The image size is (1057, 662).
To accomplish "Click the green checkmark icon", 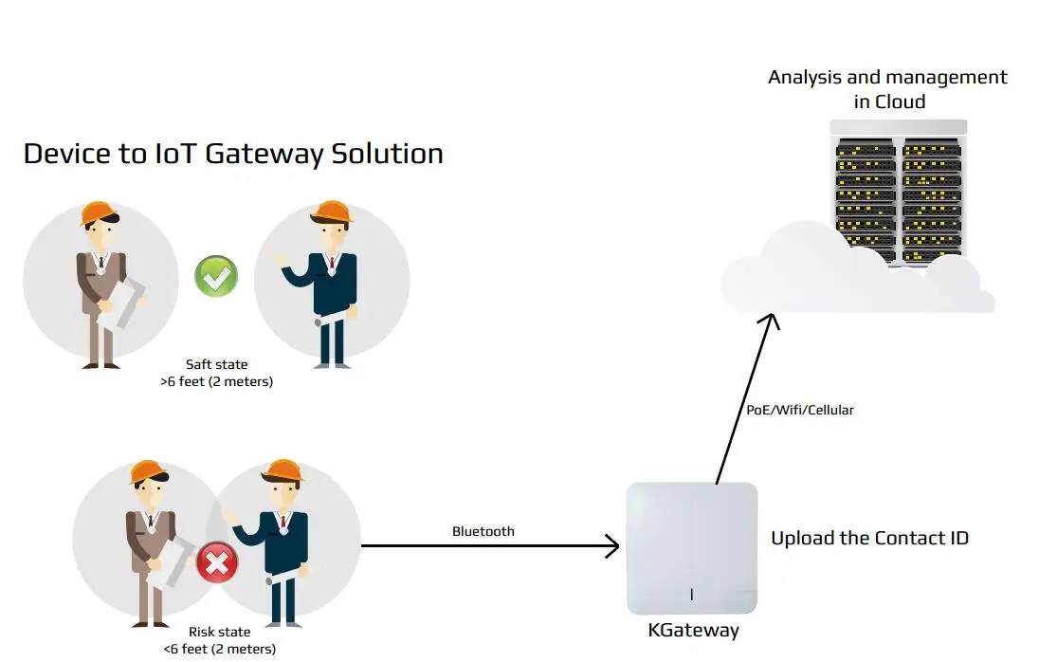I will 216,276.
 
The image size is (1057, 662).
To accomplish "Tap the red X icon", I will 217,565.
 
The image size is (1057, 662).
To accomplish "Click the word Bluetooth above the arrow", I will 483,531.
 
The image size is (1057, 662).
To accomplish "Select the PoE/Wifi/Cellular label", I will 799,410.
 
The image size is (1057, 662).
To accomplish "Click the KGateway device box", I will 692,547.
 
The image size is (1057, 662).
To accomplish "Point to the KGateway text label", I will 693,631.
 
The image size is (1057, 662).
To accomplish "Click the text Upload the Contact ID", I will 869,539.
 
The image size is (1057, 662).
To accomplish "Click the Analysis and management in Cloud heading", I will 887,89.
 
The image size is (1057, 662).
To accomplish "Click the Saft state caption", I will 217,364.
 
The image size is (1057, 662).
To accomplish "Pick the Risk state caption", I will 219,633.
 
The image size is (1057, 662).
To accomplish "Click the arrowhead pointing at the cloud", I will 773,321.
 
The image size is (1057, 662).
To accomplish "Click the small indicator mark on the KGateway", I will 692,594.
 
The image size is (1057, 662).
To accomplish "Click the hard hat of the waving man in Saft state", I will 333,211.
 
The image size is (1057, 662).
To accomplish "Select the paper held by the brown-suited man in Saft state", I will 119,305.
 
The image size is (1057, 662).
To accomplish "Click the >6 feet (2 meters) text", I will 217,381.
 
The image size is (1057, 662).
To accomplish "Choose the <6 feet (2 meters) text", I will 219,650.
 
